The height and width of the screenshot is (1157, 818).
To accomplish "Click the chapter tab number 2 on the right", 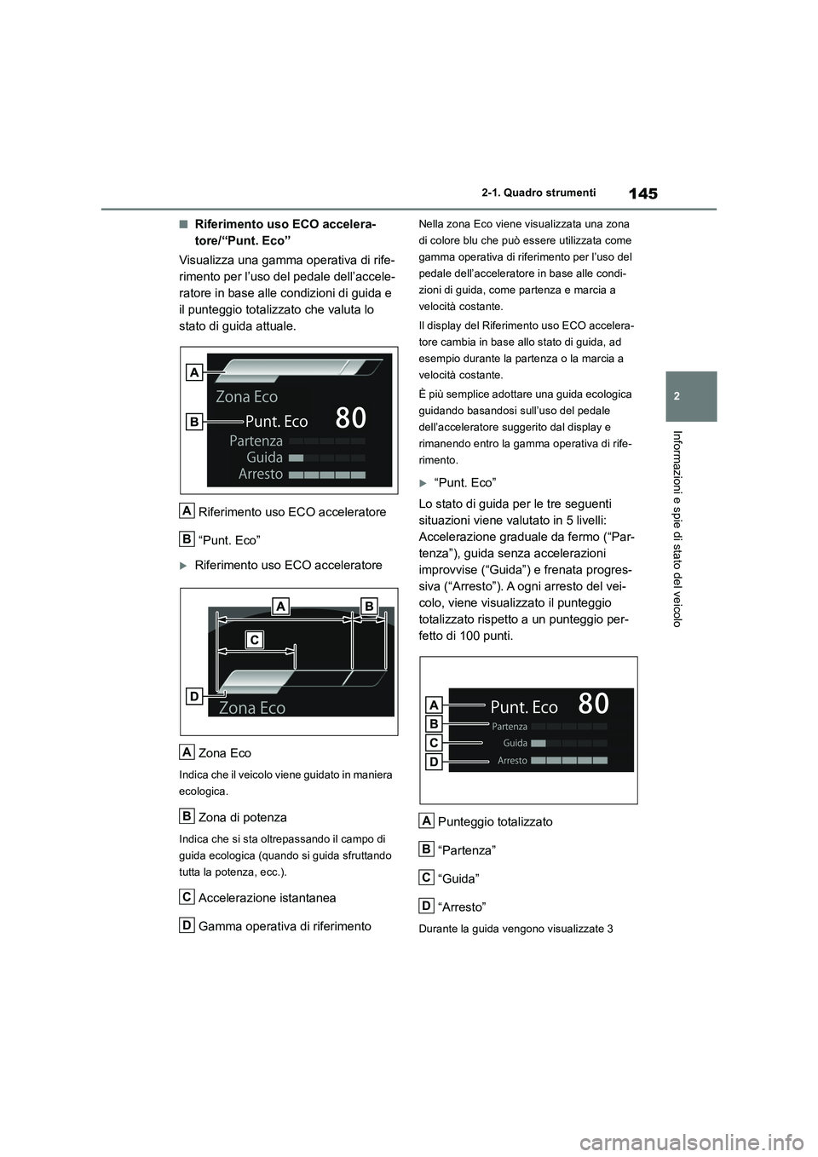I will point(691,396).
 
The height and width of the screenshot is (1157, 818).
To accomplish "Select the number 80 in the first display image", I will point(350,417).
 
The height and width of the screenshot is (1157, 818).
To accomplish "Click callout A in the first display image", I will point(195,372).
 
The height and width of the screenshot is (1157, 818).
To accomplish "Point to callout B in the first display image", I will point(195,421).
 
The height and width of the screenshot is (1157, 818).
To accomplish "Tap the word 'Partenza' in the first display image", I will point(256,440).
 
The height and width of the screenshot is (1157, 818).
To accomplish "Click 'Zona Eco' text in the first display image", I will point(246,396).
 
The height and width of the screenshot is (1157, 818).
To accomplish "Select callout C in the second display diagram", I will point(253,640).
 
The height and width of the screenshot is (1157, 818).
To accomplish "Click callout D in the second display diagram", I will point(194,696).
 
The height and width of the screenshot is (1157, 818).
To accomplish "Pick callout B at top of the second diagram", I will point(368,605).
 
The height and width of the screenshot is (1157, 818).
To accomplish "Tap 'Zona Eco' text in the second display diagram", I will point(252,708).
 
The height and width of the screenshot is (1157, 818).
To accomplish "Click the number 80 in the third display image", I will point(593,704).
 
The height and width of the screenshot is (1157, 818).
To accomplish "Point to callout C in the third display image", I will point(433,743).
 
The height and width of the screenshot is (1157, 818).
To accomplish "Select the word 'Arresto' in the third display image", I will point(512,761).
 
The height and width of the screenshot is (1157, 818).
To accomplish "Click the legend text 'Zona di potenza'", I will point(242,817).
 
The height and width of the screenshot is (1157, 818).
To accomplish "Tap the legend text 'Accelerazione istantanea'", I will point(267,897).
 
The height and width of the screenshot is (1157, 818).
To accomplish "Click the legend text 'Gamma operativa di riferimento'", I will point(285,926).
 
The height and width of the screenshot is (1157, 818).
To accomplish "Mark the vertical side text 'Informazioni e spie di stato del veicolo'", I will point(691,528).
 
